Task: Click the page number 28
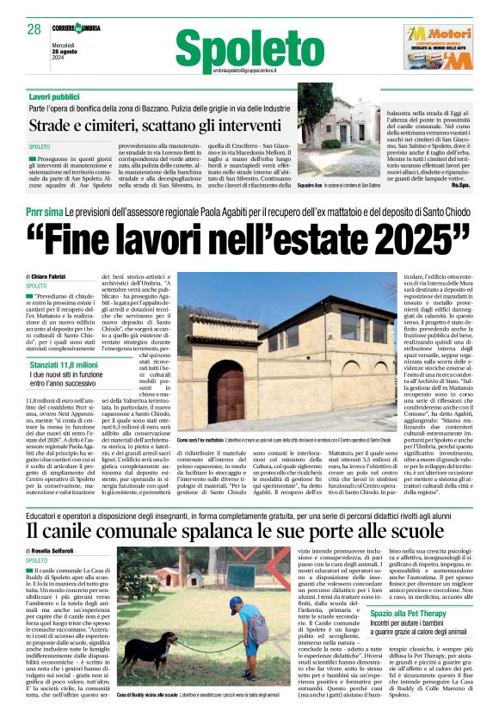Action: pos(34,29)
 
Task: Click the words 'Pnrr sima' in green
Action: pos(44,210)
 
